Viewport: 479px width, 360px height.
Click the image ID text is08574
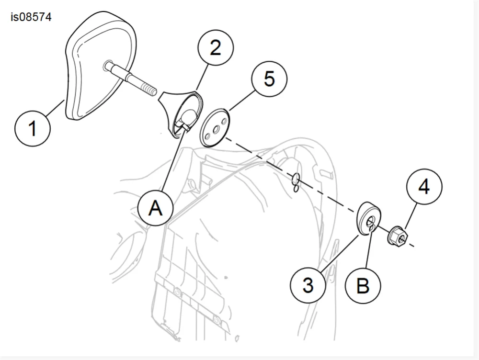31,18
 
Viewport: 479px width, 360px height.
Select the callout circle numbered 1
33,128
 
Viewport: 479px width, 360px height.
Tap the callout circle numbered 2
215,48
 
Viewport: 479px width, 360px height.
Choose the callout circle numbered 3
308,285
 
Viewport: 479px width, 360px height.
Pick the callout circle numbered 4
424,187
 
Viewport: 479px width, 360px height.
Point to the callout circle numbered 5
269,79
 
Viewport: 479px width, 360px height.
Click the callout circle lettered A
155,208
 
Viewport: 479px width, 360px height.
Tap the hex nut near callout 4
397,236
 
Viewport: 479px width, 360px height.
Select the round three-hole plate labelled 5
215,128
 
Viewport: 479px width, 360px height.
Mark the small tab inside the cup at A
182,126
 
